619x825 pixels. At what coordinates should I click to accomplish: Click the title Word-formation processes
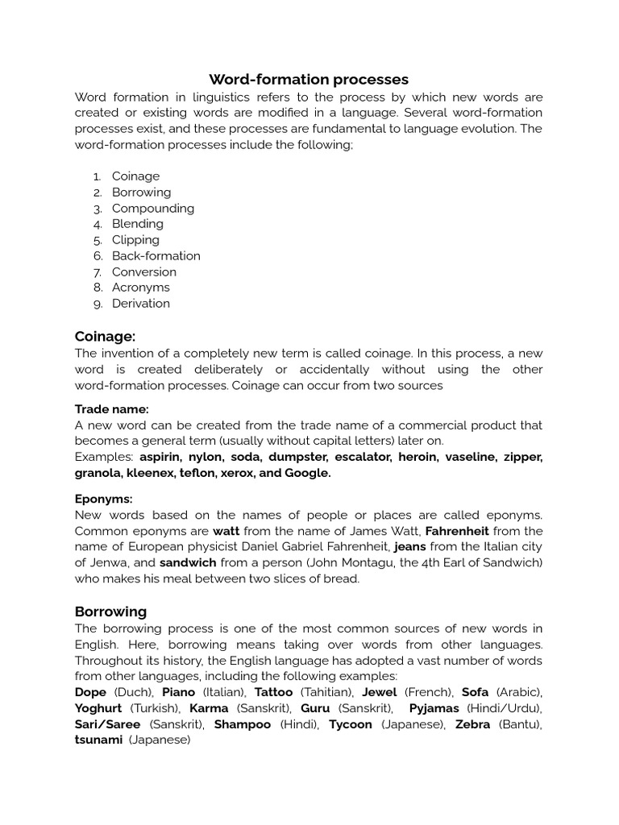point(309,79)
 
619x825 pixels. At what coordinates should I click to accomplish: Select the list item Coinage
point(135,176)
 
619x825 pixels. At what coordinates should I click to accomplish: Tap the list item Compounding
point(153,208)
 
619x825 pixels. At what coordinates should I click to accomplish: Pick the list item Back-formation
point(156,255)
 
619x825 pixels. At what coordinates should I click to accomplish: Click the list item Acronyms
point(141,287)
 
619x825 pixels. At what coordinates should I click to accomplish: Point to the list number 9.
point(98,304)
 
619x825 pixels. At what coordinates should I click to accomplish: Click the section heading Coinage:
point(105,336)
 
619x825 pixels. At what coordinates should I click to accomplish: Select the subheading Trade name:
point(112,409)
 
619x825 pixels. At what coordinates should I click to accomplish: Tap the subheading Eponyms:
point(103,499)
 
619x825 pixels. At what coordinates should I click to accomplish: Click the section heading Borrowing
point(111,611)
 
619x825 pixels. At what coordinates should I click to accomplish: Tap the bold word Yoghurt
point(98,708)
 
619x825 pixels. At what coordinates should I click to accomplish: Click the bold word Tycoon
point(351,724)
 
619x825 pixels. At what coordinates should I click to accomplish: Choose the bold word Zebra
point(473,724)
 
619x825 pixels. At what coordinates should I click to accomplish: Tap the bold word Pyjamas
point(434,708)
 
